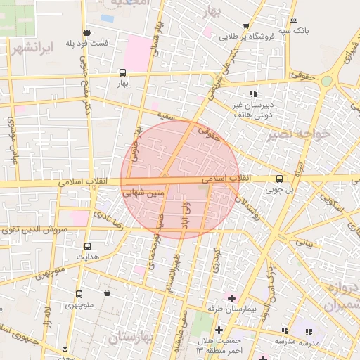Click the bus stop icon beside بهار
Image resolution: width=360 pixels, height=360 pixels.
click(123, 72)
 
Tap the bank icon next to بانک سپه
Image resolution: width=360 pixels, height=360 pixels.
click(293, 20)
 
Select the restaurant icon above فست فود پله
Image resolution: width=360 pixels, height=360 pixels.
click(86, 32)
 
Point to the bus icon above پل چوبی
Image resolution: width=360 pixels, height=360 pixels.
click(279, 179)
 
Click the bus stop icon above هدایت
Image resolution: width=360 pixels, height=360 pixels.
click(88, 246)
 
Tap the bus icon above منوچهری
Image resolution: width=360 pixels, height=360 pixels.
click(78, 294)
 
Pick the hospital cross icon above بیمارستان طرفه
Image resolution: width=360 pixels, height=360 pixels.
click(232, 297)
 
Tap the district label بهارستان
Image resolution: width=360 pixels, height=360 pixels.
click(133, 338)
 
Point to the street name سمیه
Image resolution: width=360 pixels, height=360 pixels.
click(165, 114)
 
